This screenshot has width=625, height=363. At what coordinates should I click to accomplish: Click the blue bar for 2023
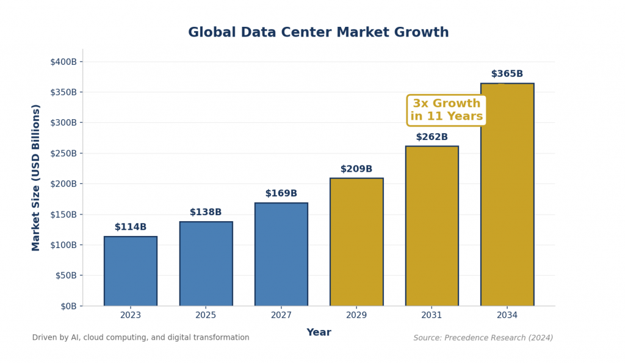[x=131, y=271]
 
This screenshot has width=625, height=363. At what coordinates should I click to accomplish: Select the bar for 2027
[x=281, y=254]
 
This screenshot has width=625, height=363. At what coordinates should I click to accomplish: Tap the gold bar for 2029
[x=356, y=242]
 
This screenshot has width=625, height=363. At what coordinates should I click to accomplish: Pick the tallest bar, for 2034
[x=507, y=194]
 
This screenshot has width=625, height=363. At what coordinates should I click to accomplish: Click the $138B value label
[x=206, y=213]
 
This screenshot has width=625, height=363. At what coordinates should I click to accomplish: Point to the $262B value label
[x=432, y=137]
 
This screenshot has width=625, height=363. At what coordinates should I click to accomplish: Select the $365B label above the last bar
[x=507, y=74]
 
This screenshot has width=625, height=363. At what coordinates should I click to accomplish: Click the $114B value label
[x=131, y=227]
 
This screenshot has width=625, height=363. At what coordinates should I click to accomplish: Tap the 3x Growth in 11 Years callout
[x=446, y=110]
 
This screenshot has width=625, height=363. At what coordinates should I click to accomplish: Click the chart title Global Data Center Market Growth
[x=318, y=33]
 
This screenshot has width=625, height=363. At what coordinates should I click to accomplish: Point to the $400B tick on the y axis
[x=63, y=62]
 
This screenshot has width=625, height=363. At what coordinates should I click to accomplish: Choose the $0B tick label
[x=68, y=306]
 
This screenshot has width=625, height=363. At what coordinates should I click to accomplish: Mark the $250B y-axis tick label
[x=63, y=153]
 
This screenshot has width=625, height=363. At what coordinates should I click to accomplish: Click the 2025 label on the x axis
[x=206, y=315]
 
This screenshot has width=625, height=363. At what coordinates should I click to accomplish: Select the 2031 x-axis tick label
[x=432, y=315]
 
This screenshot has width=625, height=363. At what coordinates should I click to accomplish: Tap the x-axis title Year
[x=319, y=332]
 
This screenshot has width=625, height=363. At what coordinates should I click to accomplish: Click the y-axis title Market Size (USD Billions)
[x=36, y=177]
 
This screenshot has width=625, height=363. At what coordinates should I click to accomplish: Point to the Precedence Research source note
[x=483, y=338]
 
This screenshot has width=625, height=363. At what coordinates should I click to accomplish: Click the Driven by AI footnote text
[x=140, y=337]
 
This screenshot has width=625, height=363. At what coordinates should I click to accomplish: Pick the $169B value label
[x=281, y=194]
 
